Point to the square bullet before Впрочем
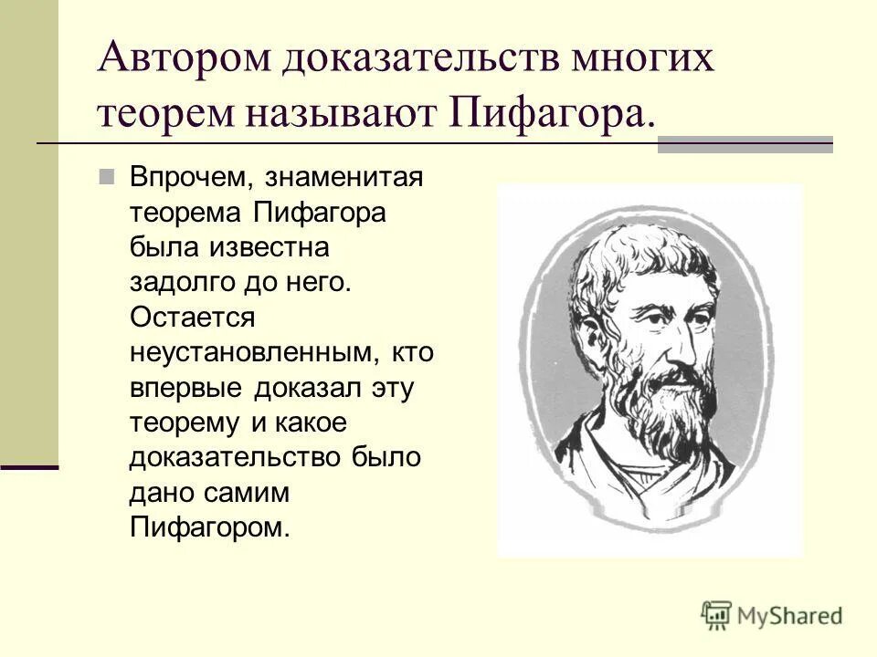pos(107,175)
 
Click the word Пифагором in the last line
pos(209,528)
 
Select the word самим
pos(249,494)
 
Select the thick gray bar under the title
pos(745,144)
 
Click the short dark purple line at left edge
pos(29,466)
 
